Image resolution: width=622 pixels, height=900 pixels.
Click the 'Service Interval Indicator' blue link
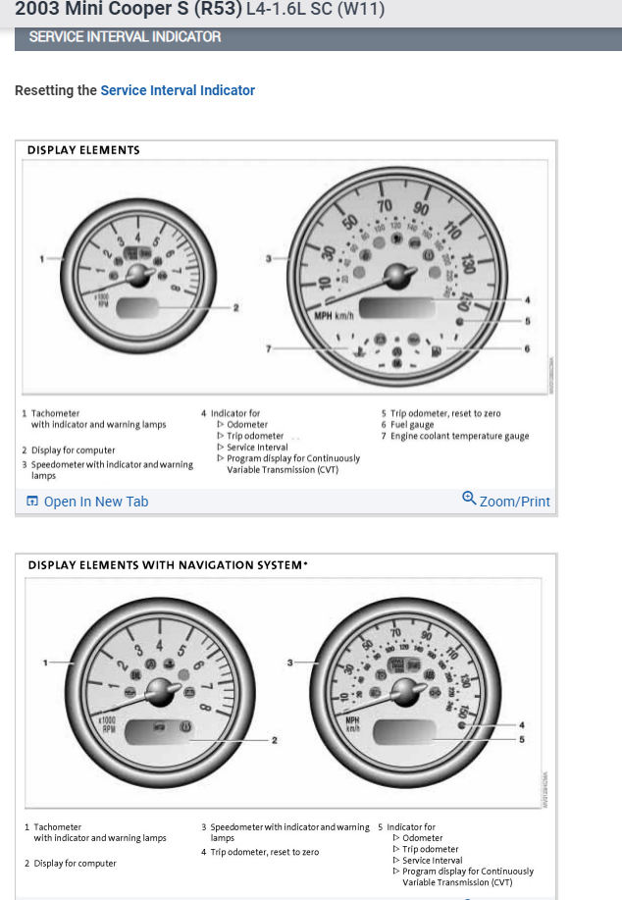(178, 90)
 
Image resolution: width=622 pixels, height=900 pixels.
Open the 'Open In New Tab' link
(88, 502)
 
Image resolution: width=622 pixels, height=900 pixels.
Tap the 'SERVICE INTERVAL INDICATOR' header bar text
(125, 37)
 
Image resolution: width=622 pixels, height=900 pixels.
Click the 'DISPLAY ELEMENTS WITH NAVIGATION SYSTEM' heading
(168, 565)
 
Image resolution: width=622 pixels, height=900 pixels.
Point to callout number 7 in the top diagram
(268, 348)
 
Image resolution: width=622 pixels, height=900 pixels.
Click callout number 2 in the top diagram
(235, 308)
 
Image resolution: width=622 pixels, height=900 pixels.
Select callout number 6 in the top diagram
(528, 348)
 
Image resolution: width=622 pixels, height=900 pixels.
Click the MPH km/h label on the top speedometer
(334, 316)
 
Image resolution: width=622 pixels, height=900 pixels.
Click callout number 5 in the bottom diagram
(522, 738)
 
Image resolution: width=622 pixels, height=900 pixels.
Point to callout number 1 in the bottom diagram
(44, 662)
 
